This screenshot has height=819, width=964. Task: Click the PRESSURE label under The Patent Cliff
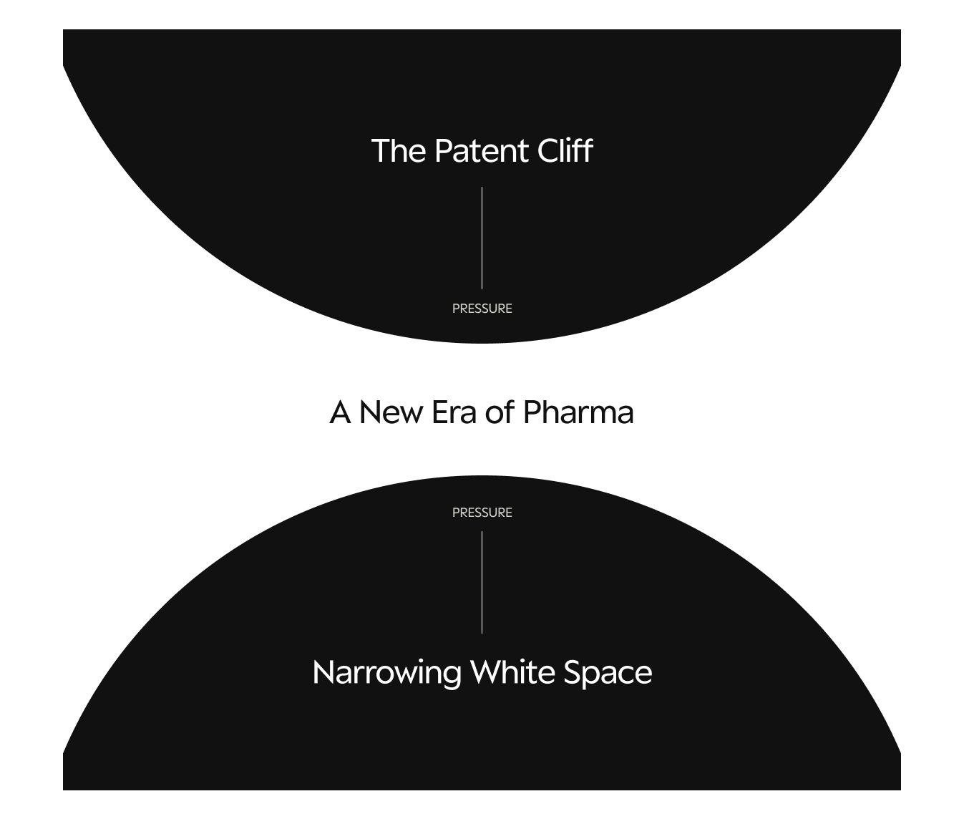pos(482,309)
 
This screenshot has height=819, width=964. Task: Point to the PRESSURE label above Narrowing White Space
pos(482,513)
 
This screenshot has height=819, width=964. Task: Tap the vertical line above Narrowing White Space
pos(482,582)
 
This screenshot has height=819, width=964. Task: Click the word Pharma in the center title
pos(578,412)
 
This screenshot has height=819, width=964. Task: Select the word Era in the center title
pos(454,412)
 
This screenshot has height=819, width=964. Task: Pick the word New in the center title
pos(391,412)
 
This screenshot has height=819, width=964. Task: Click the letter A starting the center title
pos(340,412)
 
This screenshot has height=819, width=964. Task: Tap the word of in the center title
pos(500,412)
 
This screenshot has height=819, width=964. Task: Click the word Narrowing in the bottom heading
pos(386,673)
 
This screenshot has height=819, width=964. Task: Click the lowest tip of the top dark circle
pos(482,341)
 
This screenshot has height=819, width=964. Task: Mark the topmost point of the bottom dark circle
pos(482,477)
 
